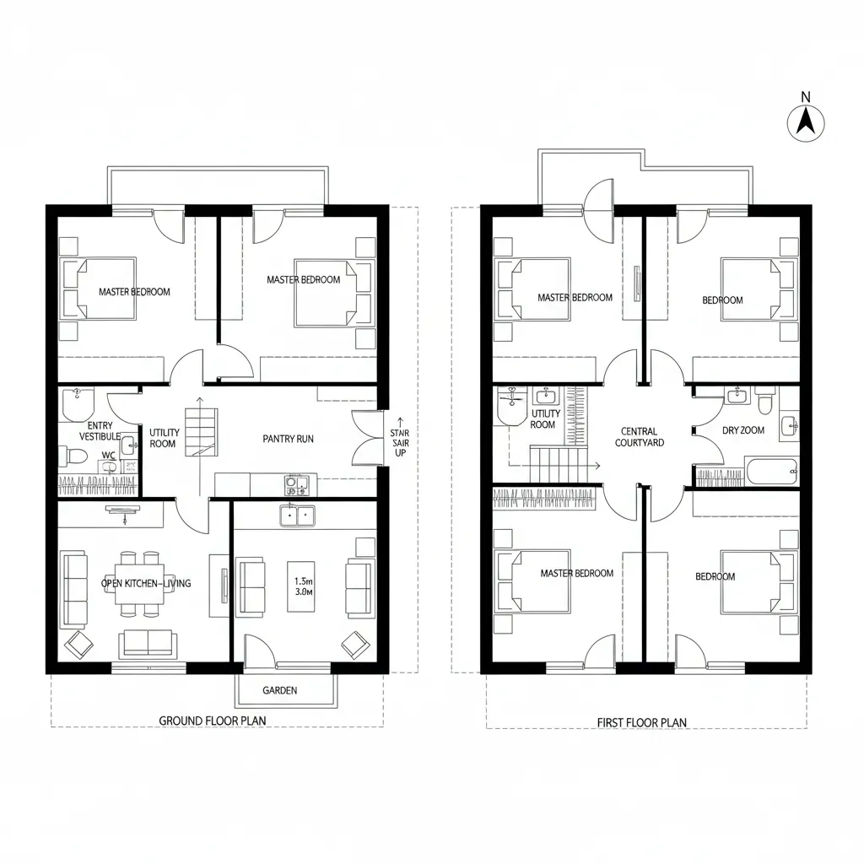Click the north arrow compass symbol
pyautogui.click(x=806, y=122)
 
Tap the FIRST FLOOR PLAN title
pyautogui.click(x=641, y=722)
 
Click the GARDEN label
pyautogui.click(x=279, y=690)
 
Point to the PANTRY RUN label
pyautogui.click(x=288, y=439)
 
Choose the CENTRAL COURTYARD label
pyautogui.click(x=639, y=437)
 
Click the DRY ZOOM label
pyautogui.click(x=743, y=430)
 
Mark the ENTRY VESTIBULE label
pyautogui.click(x=100, y=431)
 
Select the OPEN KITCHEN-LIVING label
pyautogui.click(x=145, y=583)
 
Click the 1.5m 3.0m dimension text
pyautogui.click(x=303, y=586)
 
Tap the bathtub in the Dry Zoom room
pyautogui.click(x=771, y=471)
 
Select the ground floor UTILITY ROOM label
pyautogui.click(x=164, y=438)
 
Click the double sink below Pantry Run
pyautogui.click(x=297, y=516)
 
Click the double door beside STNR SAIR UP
pyautogui.click(x=366, y=437)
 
